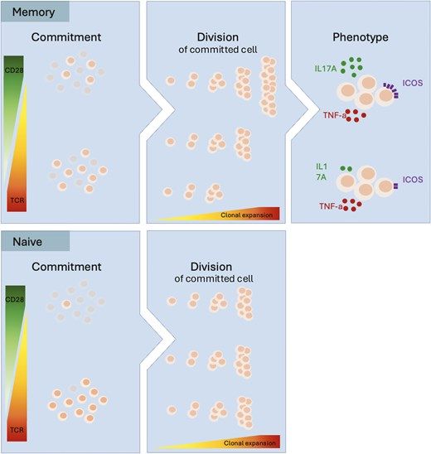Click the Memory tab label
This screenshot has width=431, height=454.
[x=33, y=12]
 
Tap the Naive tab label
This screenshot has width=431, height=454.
[x=27, y=242]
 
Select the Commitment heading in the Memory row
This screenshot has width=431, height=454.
[x=66, y=37]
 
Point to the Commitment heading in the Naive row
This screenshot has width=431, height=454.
[x=66, y=267]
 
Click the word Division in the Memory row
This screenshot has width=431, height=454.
[x=218, y=37]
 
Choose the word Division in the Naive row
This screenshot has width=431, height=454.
[x=211, y=267]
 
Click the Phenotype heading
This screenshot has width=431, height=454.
[x=361, y=37]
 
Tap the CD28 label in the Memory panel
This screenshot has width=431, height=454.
[x=14, y=70]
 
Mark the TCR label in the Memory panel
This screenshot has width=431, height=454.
[x=17, y=200]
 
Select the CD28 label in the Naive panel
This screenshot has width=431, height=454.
[x=14, y=299]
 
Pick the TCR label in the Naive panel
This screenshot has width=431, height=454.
[x=17, y=430]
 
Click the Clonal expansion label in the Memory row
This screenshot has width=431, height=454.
[x=246, y=215]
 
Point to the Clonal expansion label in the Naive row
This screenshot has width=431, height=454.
[x=249, y=443]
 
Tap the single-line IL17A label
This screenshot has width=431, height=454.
[x=326, y=69]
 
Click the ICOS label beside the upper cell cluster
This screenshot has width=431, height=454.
[x=413, y=83]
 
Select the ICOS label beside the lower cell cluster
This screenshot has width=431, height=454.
[x=413, y=180]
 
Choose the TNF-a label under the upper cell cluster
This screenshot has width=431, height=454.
[x=335, y=115]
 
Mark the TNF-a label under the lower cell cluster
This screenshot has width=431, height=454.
[x=331, y=206]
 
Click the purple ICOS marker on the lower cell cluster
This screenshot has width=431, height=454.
[x=395, y=186]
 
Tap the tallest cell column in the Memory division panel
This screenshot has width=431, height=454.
[x=269, y=86]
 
